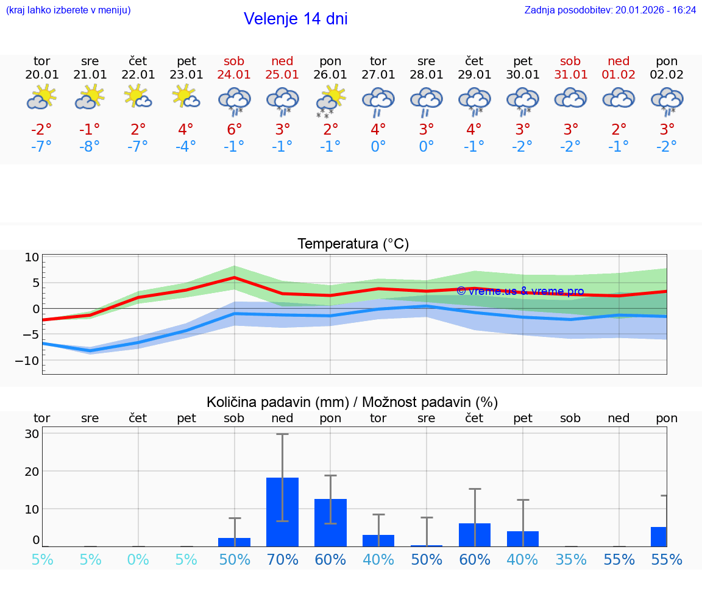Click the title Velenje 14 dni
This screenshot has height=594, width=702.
click(x=296, y=19)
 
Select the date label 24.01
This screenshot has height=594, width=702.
click(x=234, y=74)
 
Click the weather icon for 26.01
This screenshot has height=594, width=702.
click(x=330, y=100)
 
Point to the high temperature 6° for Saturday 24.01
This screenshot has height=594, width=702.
click(x=234, y=129)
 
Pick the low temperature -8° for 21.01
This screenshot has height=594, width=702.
click(x=90, y=146)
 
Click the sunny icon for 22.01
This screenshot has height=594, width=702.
click(x=138, y=97)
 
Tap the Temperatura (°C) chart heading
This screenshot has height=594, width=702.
click(x=353, y=244)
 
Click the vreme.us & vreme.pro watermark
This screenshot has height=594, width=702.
click(x=520, y=291)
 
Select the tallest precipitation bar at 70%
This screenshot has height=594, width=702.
click(x=282, y=512)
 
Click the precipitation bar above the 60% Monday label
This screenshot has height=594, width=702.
click(x=330, y=523)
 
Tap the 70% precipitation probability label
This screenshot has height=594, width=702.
click(x=282, y=559)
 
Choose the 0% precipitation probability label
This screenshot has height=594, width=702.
click(x=138, y=559)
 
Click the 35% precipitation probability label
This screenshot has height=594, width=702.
click(x=571, y=559)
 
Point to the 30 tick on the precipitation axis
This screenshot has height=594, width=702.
click(x=32, y=434)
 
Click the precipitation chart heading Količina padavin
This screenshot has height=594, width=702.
click(x=352, y=402)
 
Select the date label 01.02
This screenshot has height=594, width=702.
click(x=619, y=74)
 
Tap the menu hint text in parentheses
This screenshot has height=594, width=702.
click(x=68, y=10)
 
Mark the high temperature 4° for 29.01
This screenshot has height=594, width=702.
click(x=474, y=129)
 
